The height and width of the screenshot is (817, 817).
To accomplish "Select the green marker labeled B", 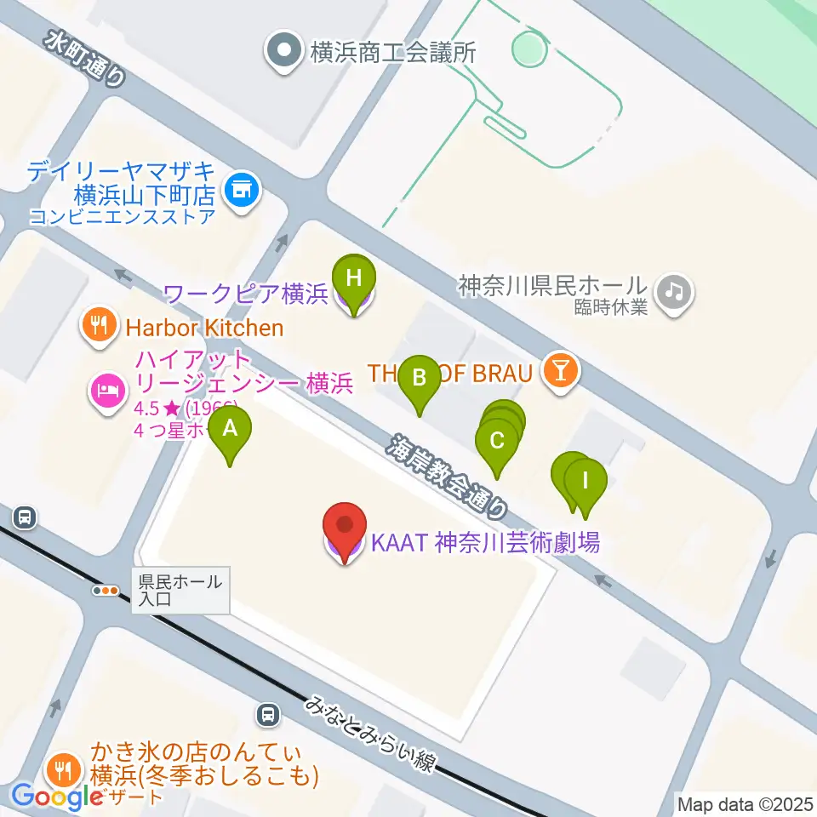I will (x=419, y=380).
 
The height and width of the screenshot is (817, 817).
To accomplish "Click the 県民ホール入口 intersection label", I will (x=181, y=590).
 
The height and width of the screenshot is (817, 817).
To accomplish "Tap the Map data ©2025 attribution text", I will (x=744, y=803).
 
